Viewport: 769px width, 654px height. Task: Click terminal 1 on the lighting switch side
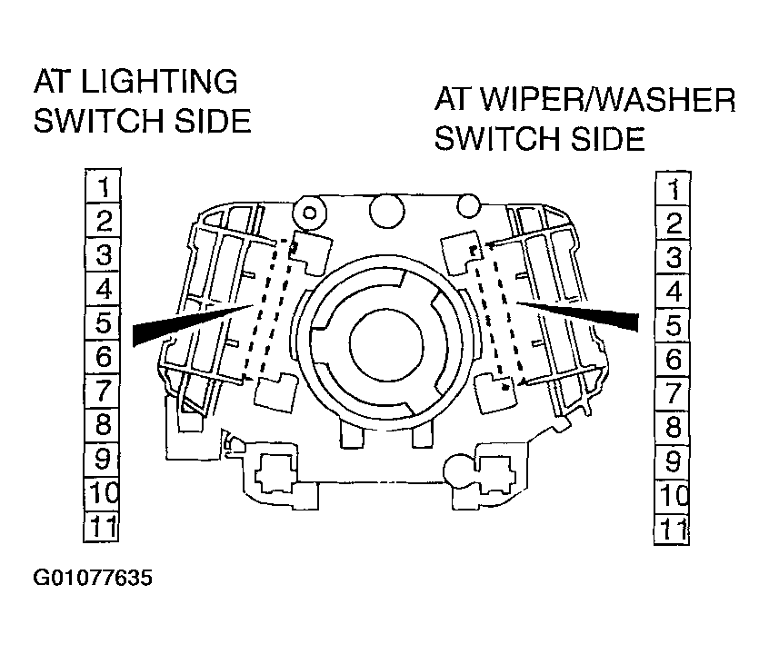coord(104,187)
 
